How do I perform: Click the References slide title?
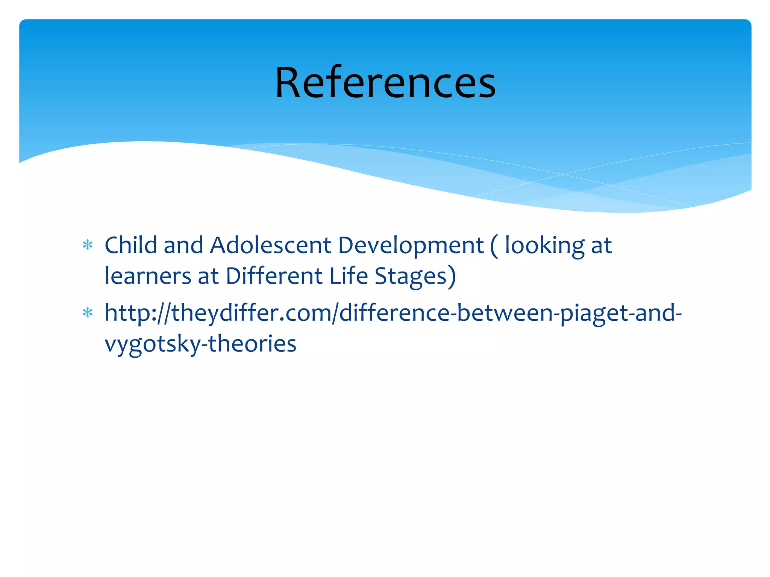[385, 83]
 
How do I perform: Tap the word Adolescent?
[270, 245]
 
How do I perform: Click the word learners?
[148, 276]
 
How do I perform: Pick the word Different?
[274, 276]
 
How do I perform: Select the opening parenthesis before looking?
[494, 246]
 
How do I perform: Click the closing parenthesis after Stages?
[452, 277]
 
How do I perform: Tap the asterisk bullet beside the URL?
[88, 313]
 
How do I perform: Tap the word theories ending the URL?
[252, 344]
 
